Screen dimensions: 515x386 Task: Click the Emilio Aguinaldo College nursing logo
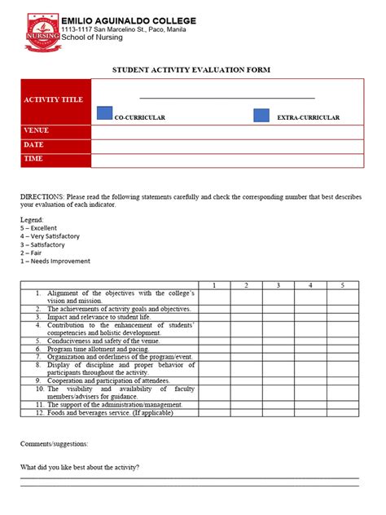[42, 29]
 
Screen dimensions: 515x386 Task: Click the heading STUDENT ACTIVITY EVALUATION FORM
[192, 70]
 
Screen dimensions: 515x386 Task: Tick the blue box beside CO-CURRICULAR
[104, 113]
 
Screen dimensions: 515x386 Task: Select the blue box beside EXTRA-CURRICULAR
[261, 115]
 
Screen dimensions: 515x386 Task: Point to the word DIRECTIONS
[42, 197]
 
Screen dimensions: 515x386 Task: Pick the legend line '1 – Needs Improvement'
[55, 261]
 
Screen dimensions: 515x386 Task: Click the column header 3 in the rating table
[278, 285]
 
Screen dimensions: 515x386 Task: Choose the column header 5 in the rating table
[343, 285]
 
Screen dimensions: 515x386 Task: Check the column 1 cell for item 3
[214, 317]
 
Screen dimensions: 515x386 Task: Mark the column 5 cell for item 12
[343, 412]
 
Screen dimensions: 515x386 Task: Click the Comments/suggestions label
[55, 444]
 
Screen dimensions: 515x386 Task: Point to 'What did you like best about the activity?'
[80, 467]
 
